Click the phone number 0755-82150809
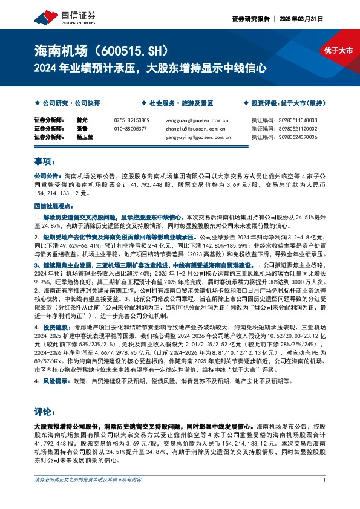point(131,120)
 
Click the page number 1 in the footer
point(325,496)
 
